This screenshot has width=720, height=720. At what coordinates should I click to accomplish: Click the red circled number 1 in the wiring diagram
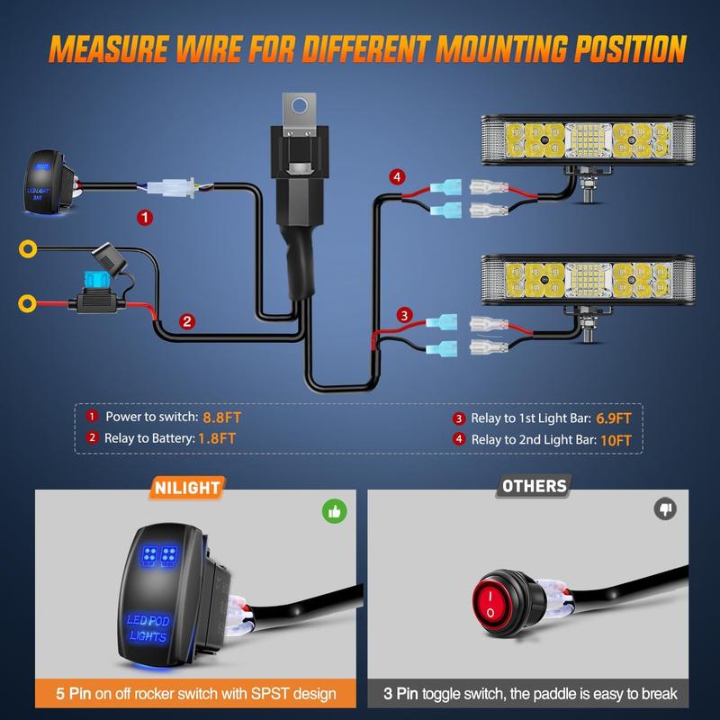point(145,217)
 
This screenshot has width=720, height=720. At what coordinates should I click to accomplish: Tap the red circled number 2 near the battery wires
point(187,321)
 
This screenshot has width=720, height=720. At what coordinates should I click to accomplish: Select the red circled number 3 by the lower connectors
point(404,316)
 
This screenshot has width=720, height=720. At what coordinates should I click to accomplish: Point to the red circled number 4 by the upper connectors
point(397,176)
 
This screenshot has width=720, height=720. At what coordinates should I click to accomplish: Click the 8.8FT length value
point(221,418)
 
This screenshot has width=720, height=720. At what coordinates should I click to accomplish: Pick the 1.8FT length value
point(217,438)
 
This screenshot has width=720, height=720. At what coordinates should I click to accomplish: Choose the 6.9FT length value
point(614,418)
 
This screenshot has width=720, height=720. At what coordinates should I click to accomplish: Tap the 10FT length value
point(616,440)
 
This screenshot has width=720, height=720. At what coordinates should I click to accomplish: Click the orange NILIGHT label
point(187,488)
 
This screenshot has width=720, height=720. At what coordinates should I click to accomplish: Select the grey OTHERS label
point(534,486)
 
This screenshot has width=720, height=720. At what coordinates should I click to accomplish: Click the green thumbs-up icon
point(334,511)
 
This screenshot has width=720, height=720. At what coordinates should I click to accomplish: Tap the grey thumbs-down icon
point(665,508)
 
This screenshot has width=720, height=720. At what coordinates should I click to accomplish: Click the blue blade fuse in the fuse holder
point(95,279)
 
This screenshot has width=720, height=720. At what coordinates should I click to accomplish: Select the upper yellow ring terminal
point(28,248)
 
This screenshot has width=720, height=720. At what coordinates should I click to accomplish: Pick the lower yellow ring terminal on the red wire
point(27,303)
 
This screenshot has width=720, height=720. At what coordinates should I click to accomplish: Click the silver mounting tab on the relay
point(300,114)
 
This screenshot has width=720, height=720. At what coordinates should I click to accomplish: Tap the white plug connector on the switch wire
point(171,188)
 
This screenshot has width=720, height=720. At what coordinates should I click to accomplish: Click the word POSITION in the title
point(631,49)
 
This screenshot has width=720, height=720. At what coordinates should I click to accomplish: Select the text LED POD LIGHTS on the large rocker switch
point(148,627)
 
